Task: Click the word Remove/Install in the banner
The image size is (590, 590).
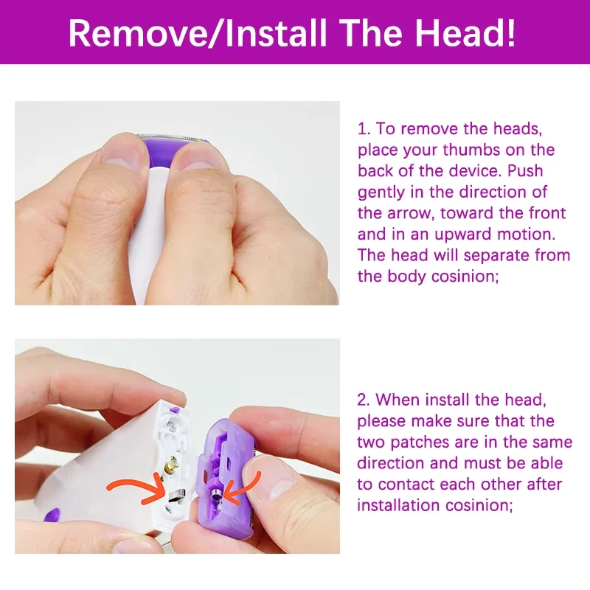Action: (x=197, y=32)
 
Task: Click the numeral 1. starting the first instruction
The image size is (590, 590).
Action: (x=364, y=128)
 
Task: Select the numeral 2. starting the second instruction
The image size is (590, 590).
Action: (x=364, y=400)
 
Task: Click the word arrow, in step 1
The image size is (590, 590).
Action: (x=411, y=214)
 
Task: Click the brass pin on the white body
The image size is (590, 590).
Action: (x=173, y=465)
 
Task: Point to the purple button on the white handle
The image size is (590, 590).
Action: (x=52, y=515)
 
